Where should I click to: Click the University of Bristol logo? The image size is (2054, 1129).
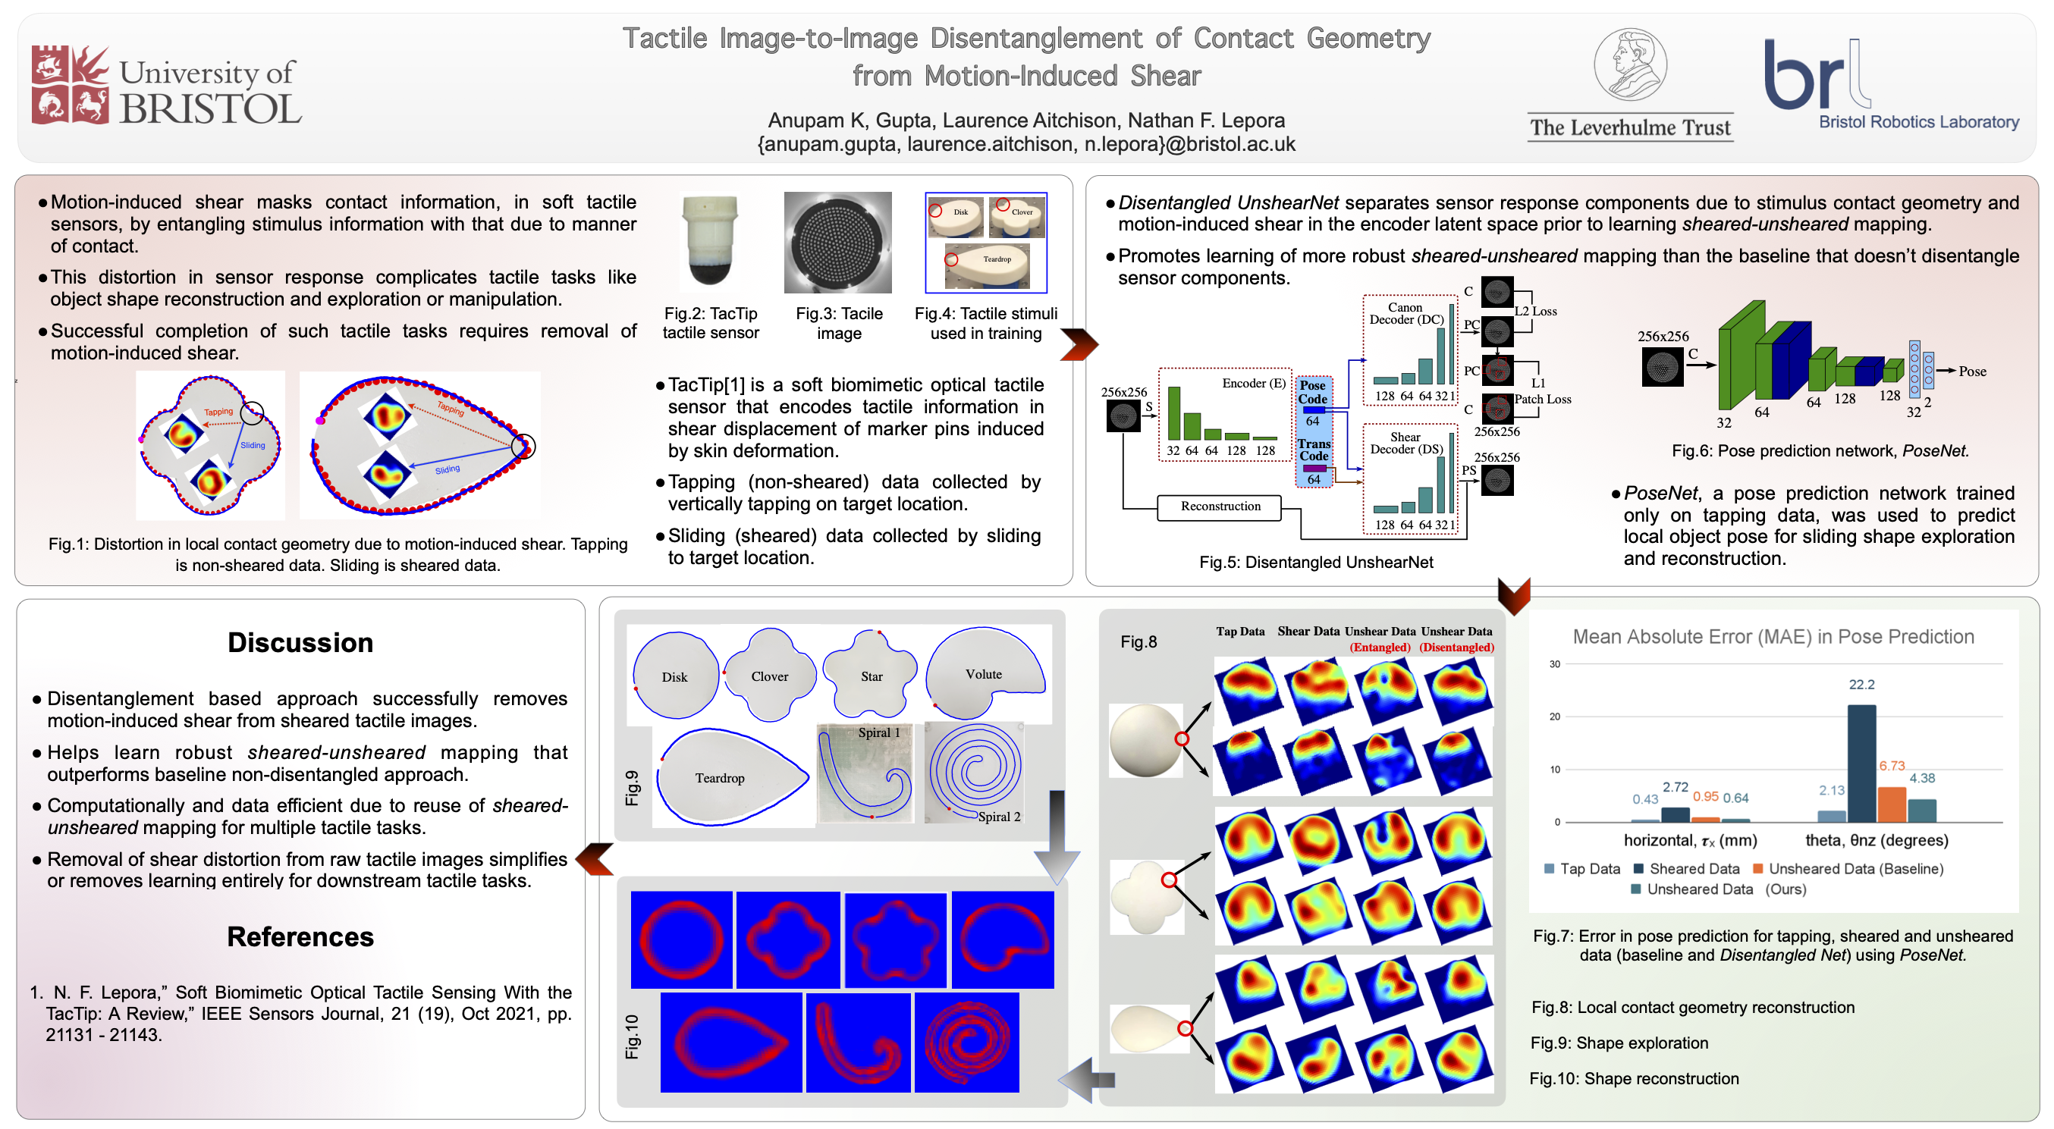(166, 86)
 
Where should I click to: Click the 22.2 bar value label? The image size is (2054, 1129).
(1861, 685)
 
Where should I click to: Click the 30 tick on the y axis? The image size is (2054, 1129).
(1554, 664)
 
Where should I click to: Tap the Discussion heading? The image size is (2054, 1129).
(300, 643)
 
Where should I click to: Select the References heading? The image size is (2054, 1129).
(300, 936)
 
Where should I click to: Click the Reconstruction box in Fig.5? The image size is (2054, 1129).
(1220, 506)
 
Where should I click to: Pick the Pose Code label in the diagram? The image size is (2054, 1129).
(1312, 391)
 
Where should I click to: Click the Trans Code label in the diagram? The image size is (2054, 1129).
(1313, 450)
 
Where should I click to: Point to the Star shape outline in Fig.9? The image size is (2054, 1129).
(870, 674)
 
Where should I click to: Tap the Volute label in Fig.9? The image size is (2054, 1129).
(983, 674)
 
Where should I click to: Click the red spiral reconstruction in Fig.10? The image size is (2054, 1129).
(966, 1041)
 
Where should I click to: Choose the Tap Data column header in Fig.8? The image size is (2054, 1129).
(1240, 632)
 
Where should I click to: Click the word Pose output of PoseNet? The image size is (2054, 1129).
(1972, 371)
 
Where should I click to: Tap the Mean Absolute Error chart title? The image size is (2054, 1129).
(1773, 636)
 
